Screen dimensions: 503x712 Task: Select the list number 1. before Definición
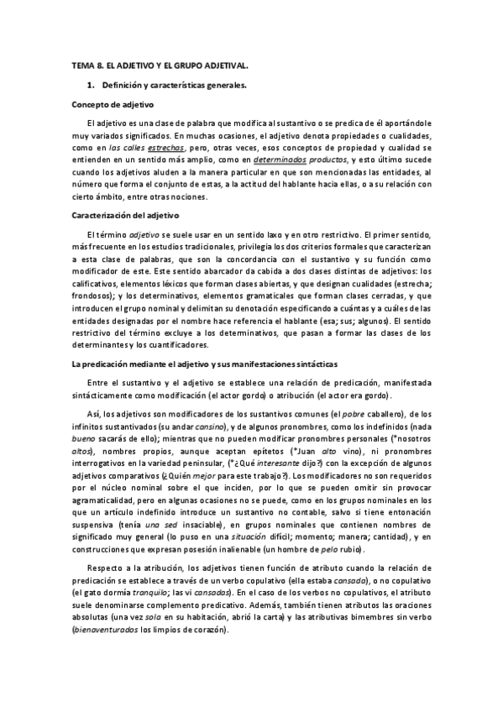(91, 86)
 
